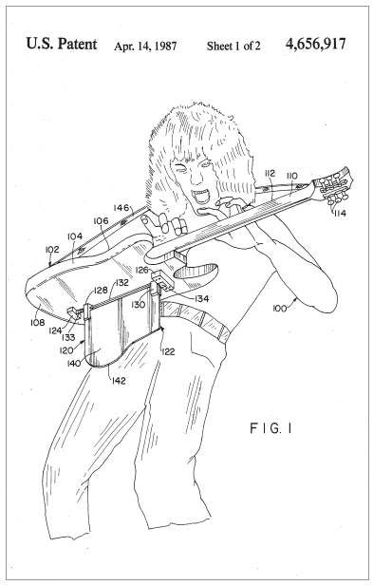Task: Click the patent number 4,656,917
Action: [x=315, y=44]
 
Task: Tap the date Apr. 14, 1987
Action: [x=145, y=46]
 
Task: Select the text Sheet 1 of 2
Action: [x=233, y=46]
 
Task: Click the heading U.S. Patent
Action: [x=62, y=44]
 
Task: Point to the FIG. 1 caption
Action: [x=270, y=428]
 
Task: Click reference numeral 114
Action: [x=340, y=213]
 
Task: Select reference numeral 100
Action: [x=280, y=308]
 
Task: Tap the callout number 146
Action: [x=121, y=208]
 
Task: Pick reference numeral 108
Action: [x=37, y=322]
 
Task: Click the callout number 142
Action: [x=119, y=381]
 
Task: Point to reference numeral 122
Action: [x=168, y=351]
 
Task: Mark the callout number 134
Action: [x=201, y=298]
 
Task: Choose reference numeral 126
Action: [x=142, y=270]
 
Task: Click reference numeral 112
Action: [x=270, y=173]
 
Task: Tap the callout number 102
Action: [x=52, y=249]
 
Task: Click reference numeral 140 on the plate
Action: [x=74, y=362]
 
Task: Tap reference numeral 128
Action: [x=101, y=291]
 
